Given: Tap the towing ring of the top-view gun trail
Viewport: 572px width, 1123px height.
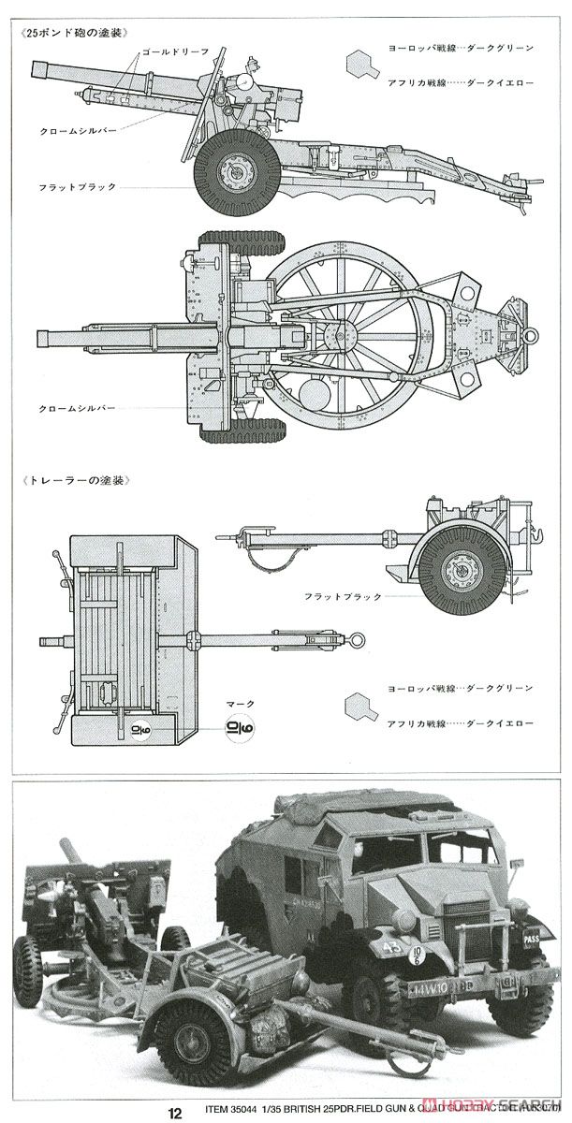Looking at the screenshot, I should tap(532, 335).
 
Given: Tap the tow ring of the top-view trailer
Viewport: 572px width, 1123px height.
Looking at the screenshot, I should tap(357, 639).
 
